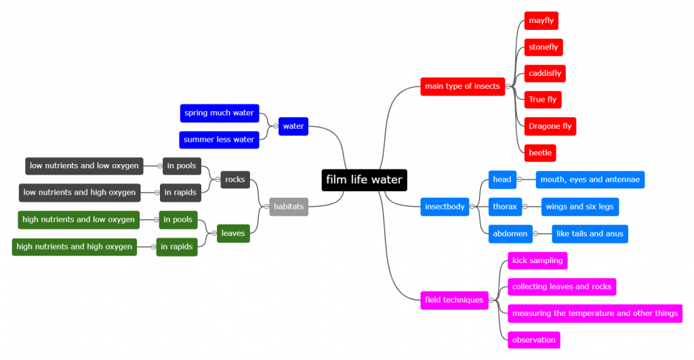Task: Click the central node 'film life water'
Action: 364,180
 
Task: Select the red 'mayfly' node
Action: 542,20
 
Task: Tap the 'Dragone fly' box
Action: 550,126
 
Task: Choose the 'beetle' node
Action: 540,153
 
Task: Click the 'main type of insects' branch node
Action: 462,86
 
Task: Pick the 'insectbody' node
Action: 445,207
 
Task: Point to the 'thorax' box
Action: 505,207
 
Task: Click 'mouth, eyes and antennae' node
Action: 590,180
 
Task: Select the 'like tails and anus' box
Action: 590,234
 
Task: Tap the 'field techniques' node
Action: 454,300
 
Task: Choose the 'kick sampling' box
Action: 537,260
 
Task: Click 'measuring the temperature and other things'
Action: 595,313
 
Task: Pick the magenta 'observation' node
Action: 534,340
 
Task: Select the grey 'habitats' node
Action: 289,207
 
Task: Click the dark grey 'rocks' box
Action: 235,180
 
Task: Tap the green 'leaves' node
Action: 233,233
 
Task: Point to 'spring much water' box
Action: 219,113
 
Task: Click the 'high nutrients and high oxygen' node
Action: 75,247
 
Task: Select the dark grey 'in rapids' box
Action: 180,193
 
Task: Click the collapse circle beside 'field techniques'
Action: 491,300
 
